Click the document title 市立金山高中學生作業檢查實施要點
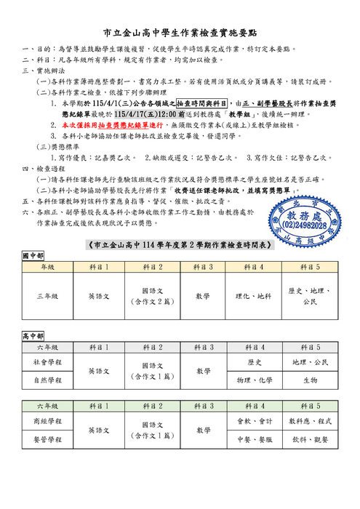(180, 33)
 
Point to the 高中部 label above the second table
(33, 337)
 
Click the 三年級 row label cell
(47, 296)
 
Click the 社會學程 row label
(47, 361)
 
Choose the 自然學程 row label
(47, 380)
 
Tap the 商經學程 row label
(47, 421)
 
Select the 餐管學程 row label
(47, 440)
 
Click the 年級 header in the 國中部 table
(47, 268)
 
